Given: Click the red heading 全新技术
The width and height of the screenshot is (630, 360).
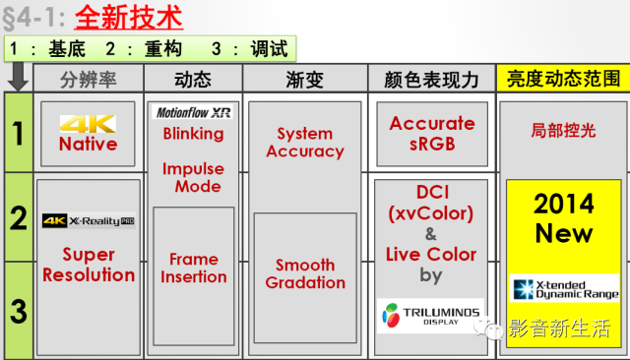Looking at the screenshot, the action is [x=129, y=18].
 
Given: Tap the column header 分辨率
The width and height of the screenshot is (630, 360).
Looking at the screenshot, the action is [x=89, y=80].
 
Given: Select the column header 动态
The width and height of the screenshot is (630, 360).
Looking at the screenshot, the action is [x=193, y=80].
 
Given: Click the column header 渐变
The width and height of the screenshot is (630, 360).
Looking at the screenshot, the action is [x=304, y=80].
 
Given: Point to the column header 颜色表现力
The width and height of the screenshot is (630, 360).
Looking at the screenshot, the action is [x=431, y=80].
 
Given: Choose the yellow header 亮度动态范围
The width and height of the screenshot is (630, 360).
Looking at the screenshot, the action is [x=563, y=79].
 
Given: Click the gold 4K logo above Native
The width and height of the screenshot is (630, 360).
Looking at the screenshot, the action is [x=88, y=124].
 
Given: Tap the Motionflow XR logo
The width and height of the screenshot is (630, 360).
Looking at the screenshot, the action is [x=194, y=112].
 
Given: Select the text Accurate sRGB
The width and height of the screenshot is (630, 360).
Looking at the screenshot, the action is [x=432, y=133].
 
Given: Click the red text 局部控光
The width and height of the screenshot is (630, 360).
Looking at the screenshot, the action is [x=563, y=131].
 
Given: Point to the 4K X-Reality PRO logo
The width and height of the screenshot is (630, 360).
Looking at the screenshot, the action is [x=89, y=220].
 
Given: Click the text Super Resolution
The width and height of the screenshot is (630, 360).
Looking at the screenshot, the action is [x=89, y=265].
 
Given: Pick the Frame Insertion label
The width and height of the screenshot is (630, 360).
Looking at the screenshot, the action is [x=194, y=269].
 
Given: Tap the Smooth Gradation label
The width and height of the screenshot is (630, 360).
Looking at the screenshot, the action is [x=305, y=273].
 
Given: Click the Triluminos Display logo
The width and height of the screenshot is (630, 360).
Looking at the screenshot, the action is [x=431, y=316].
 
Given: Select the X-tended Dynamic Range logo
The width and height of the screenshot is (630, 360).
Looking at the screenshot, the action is [x=564, y=289].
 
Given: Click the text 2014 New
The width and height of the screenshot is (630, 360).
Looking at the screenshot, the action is [x=564, y=218].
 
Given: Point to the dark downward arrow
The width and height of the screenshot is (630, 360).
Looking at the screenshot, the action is [x=18, y=77].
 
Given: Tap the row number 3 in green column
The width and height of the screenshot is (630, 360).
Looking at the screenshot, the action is [x=19, y=311].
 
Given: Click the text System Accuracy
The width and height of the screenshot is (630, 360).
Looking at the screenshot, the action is [x=305, y=143].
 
